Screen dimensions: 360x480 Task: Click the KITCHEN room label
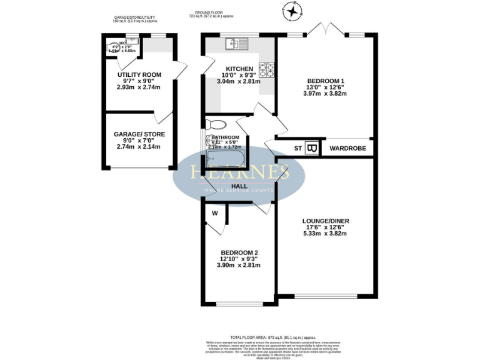click(222, 69)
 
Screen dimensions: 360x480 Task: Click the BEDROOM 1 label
click(325, 81)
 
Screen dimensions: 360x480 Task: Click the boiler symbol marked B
click(312, 148)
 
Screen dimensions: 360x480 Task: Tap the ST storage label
click(297, 148)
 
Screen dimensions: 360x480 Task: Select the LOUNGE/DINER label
click(324, 221)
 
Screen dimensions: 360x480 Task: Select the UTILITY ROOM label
click(139, 75)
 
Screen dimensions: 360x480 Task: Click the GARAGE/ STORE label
click(139, 134)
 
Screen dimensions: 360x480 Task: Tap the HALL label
click(239, 186)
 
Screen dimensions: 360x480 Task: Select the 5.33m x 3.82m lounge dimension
click(324, 234)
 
